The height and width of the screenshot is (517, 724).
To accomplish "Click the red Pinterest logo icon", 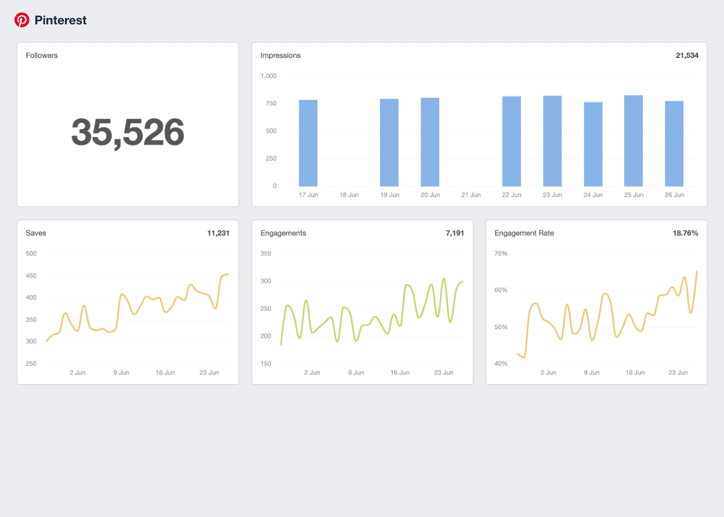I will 22,20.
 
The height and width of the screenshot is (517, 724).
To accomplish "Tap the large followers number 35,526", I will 128,132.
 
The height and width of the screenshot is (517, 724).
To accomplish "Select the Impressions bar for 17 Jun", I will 308,143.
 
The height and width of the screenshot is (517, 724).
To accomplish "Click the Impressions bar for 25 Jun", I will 633,141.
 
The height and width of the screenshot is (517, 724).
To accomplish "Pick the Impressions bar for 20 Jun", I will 430,142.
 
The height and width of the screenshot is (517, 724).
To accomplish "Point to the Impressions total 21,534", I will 687,56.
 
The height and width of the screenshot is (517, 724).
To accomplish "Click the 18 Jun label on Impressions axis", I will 349,195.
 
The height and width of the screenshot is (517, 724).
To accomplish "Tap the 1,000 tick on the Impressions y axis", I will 269,76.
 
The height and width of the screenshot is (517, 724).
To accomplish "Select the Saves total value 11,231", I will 218,233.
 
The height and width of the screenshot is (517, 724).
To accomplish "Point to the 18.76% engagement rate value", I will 685,233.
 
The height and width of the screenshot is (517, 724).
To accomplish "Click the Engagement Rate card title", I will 524,233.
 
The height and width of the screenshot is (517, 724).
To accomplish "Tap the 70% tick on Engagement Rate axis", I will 501,254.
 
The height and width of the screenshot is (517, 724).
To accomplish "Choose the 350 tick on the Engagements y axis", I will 266,254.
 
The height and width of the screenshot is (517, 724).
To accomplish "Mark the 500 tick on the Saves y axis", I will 31,254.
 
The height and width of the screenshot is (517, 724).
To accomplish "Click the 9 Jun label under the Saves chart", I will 121,373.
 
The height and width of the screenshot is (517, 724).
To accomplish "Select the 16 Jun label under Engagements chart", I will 400,373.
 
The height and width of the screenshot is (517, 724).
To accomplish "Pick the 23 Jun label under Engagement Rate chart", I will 678,373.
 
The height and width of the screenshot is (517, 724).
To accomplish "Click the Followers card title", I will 42,56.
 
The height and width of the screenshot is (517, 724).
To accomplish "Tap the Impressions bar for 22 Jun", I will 512,141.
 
